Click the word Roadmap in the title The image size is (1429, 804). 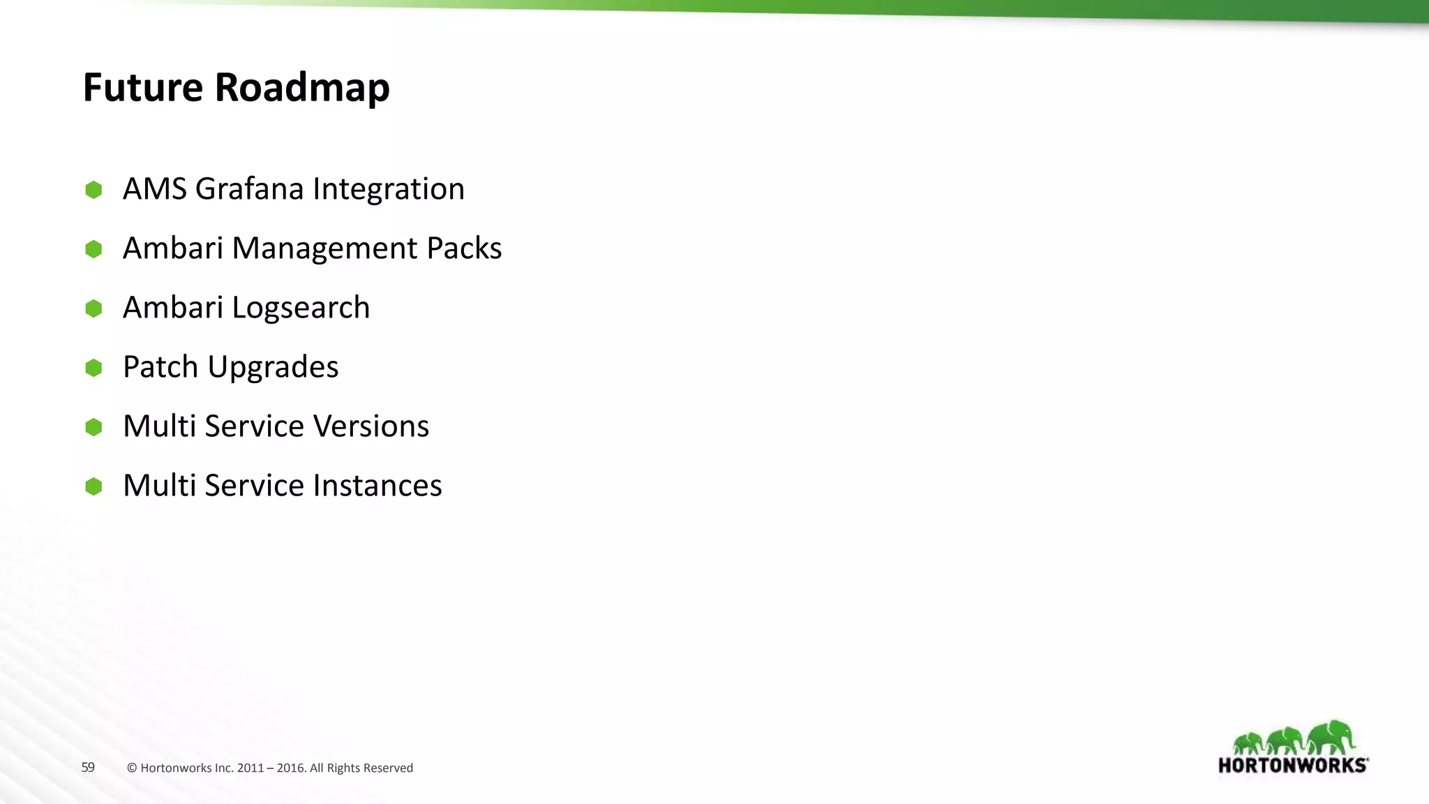(x=301, y=88)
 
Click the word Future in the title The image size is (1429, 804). (x=143, y=88)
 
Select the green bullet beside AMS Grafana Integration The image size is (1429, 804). (x=93, y=190)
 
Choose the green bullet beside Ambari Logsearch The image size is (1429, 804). (x=93, y=308)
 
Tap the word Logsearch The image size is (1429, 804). (x=301, y=308)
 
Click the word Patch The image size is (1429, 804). (x=160, y=367)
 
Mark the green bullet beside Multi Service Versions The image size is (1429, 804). (x=93, y=427)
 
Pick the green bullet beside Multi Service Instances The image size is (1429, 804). (x=93, y=486)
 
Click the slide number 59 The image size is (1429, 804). (x=88, y=768)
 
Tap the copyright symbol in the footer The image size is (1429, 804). (x=132, y=768)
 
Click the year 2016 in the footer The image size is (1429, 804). (x=291, y=768)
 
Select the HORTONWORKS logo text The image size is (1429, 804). (x=1292, y=766)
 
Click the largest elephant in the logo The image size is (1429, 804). (x=1331, y=737)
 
